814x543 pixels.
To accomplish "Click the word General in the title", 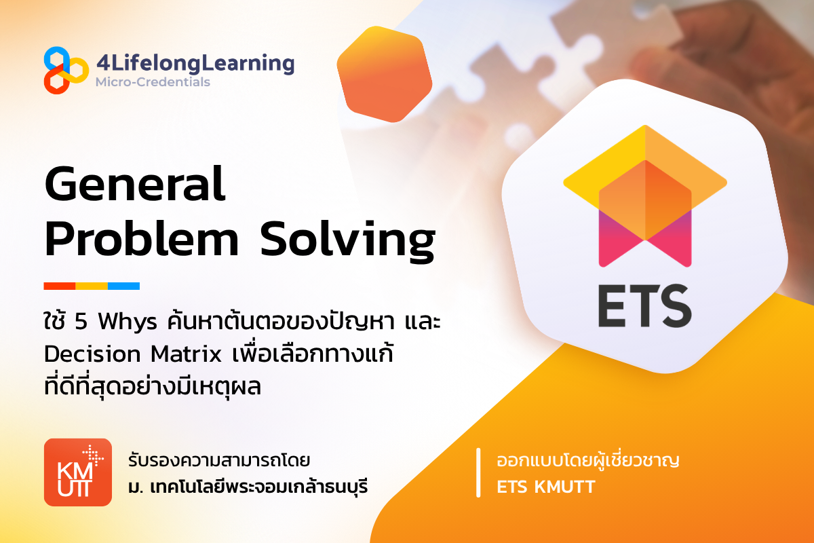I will pos(134,185).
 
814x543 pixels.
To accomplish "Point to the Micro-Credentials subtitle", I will pos(153,82).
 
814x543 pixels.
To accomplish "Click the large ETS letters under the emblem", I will pos(644,307).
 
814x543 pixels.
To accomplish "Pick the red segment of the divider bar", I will pos(59,286).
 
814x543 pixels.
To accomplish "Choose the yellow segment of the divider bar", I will pos(92,286).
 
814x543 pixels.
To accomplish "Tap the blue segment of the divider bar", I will pos(123,286).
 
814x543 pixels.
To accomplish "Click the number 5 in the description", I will pos(81,320).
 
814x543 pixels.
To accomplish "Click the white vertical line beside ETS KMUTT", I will pos(480,473).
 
